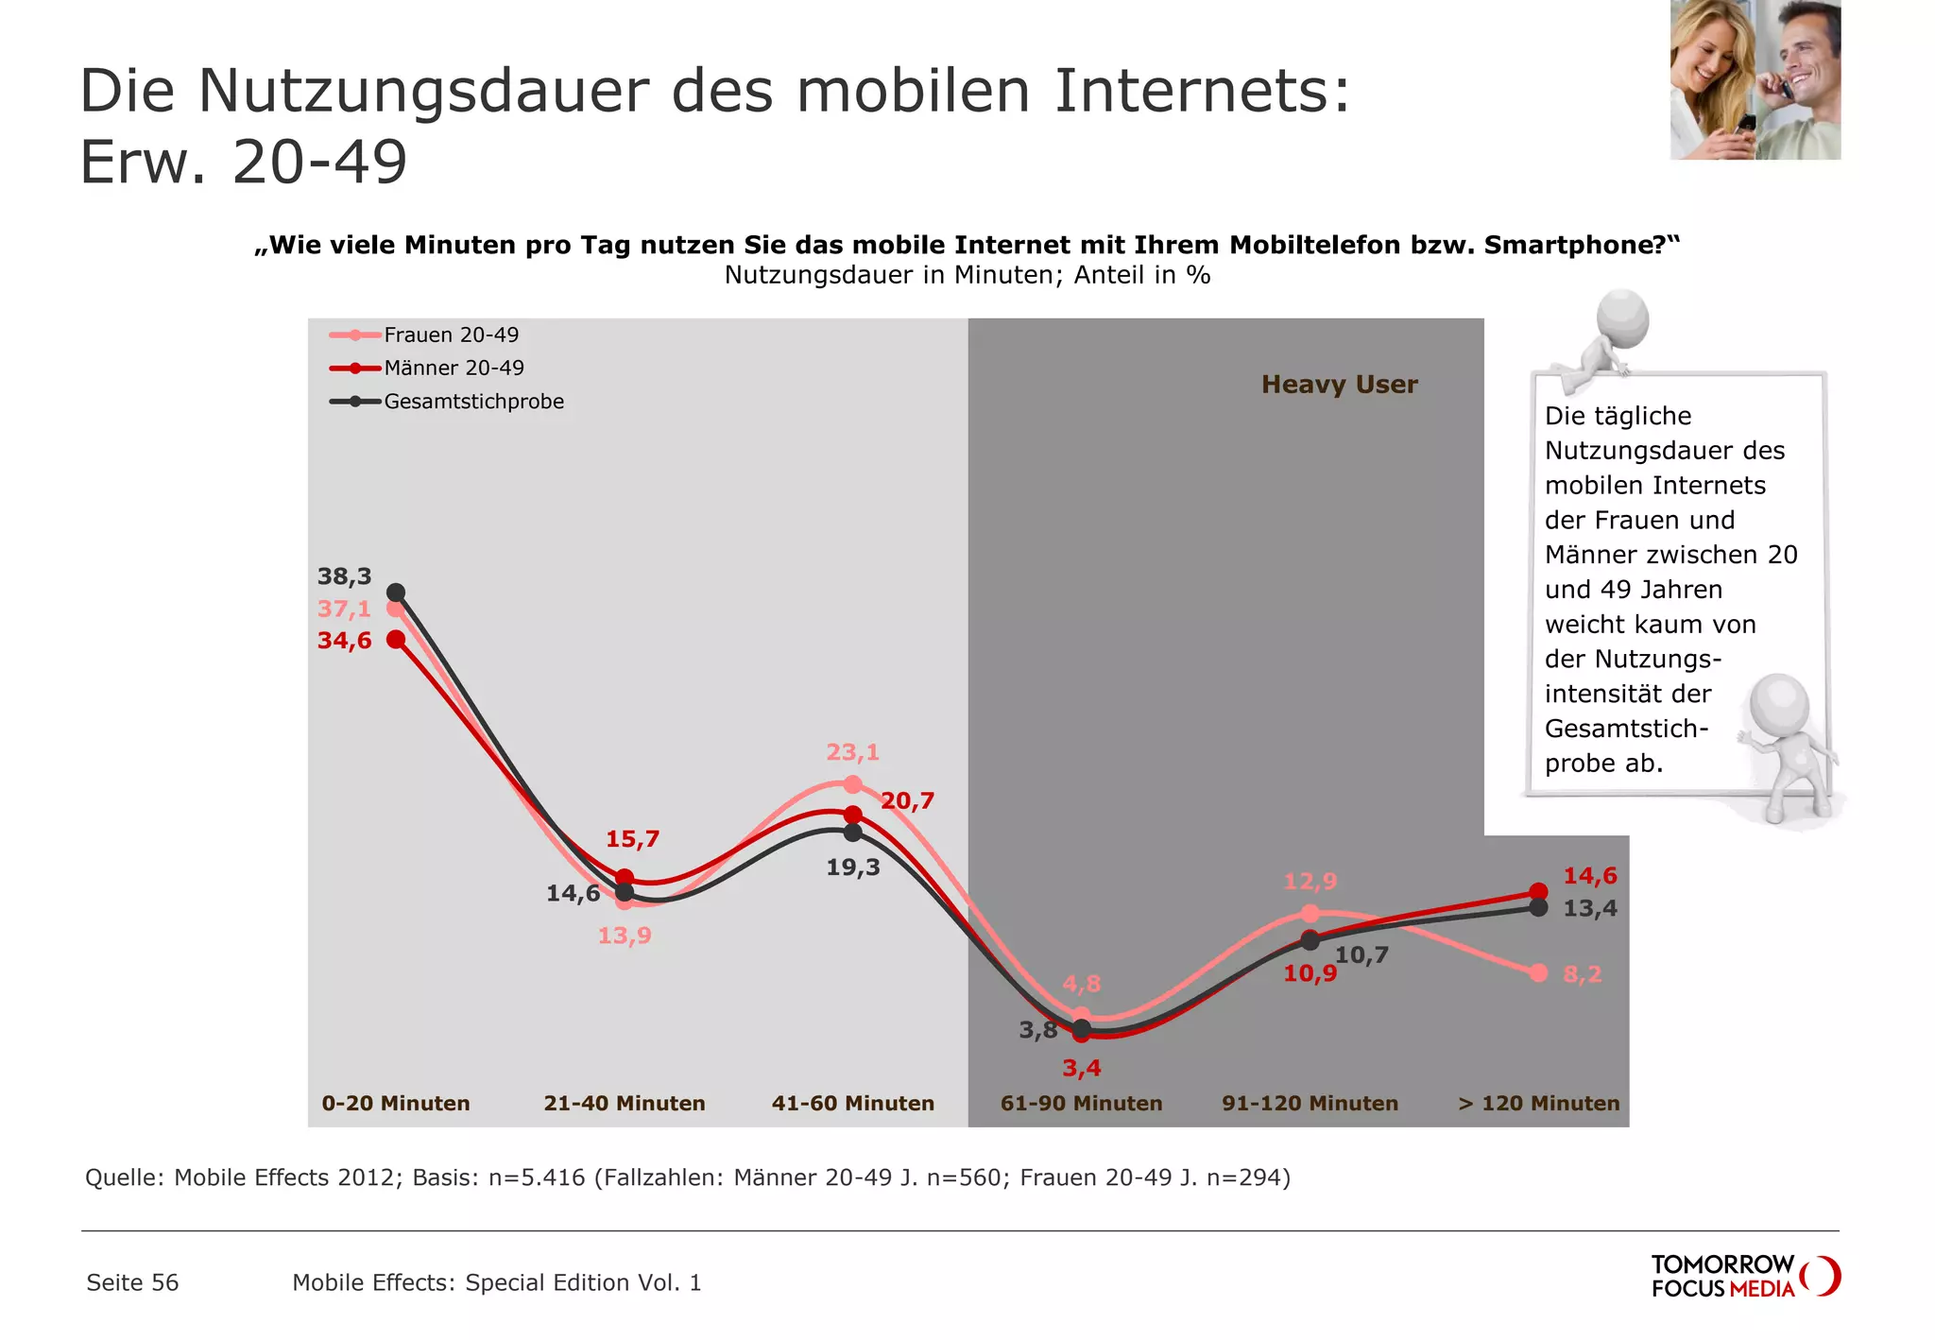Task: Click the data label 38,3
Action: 344,576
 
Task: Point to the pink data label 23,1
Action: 852,752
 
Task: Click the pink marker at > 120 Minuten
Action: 1538,972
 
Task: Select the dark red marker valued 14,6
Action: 1538,891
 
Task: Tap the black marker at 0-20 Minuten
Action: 397,593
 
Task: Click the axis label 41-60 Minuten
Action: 852,1103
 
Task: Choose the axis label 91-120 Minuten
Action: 1310,1103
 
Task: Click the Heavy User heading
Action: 1339,385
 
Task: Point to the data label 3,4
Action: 1081,1068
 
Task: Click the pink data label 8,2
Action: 1582,973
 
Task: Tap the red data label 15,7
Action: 632,838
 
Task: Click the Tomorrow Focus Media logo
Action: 1744,1276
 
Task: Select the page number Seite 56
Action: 132,1282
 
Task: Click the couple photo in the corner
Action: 1755,79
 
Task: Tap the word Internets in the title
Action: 1201,92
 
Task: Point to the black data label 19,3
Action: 852,867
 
